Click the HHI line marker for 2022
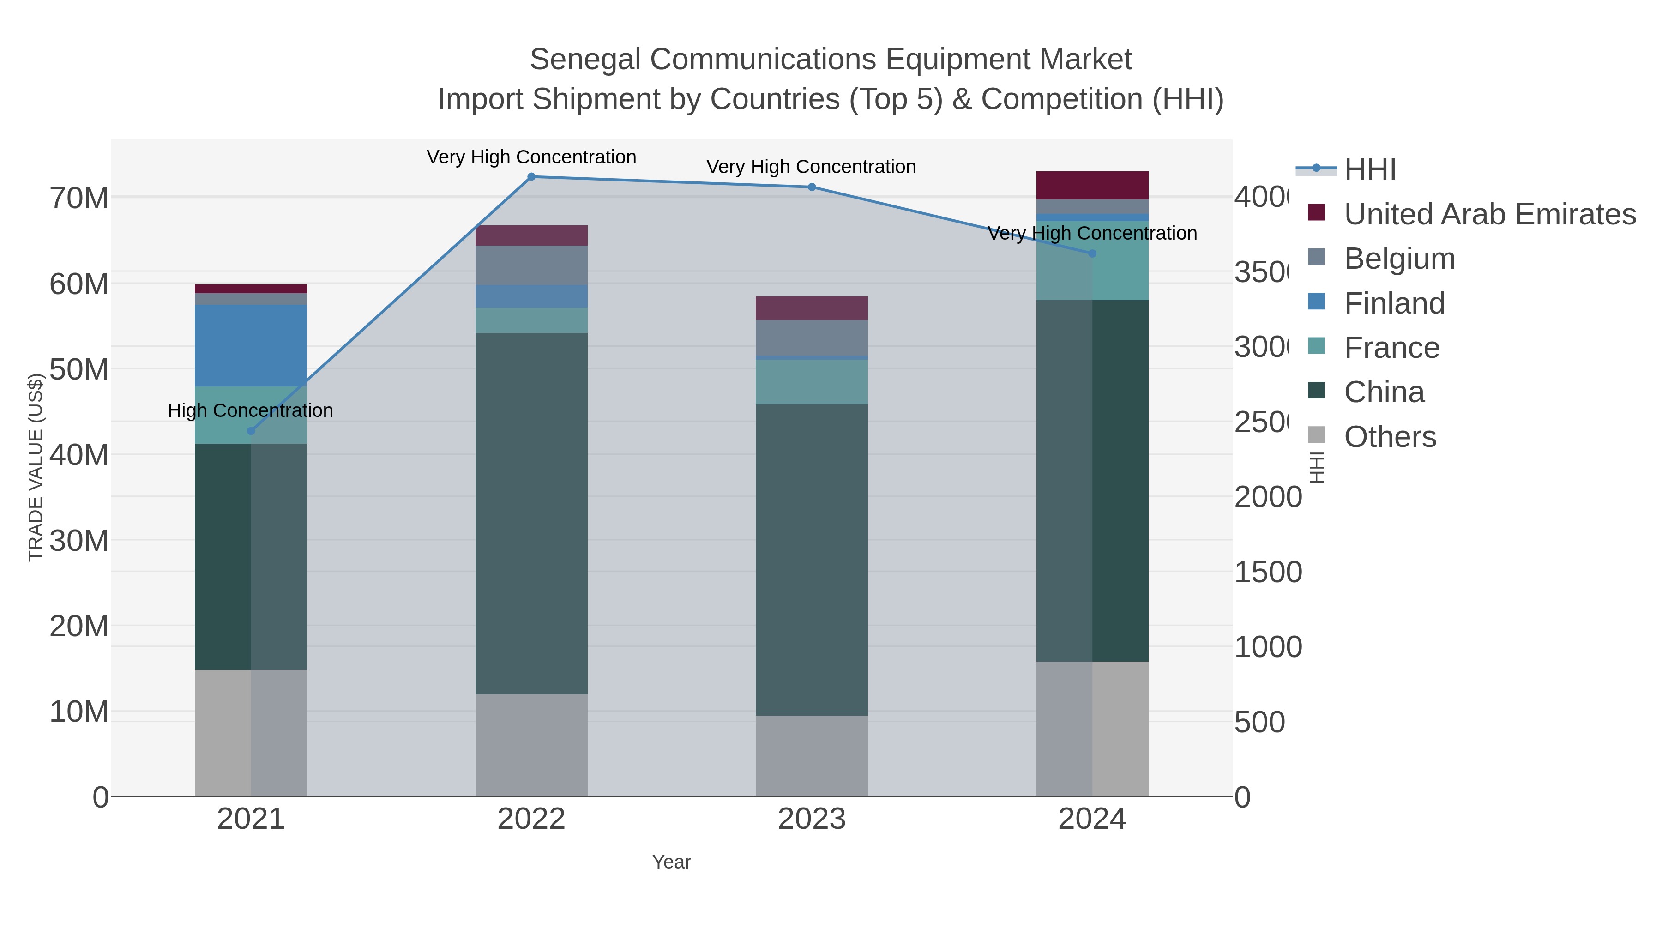click(x=531, y=177)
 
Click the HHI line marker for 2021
click(x=251, y=431)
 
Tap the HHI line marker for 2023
click(x=812, y=187)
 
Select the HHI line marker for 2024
click(x=1092, y=253)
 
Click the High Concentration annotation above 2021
click(x=250, y=410)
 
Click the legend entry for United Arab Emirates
click(x=1489, y=214)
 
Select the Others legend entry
click(x=1390, y=437)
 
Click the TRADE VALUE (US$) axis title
click(x=36, y=467)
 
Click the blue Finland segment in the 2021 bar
click(x=251, y=345)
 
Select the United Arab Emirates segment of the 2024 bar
click(x=1092, y=185)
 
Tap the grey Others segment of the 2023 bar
click(x=812, y=755)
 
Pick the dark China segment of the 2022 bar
click(x=531, y=513)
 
